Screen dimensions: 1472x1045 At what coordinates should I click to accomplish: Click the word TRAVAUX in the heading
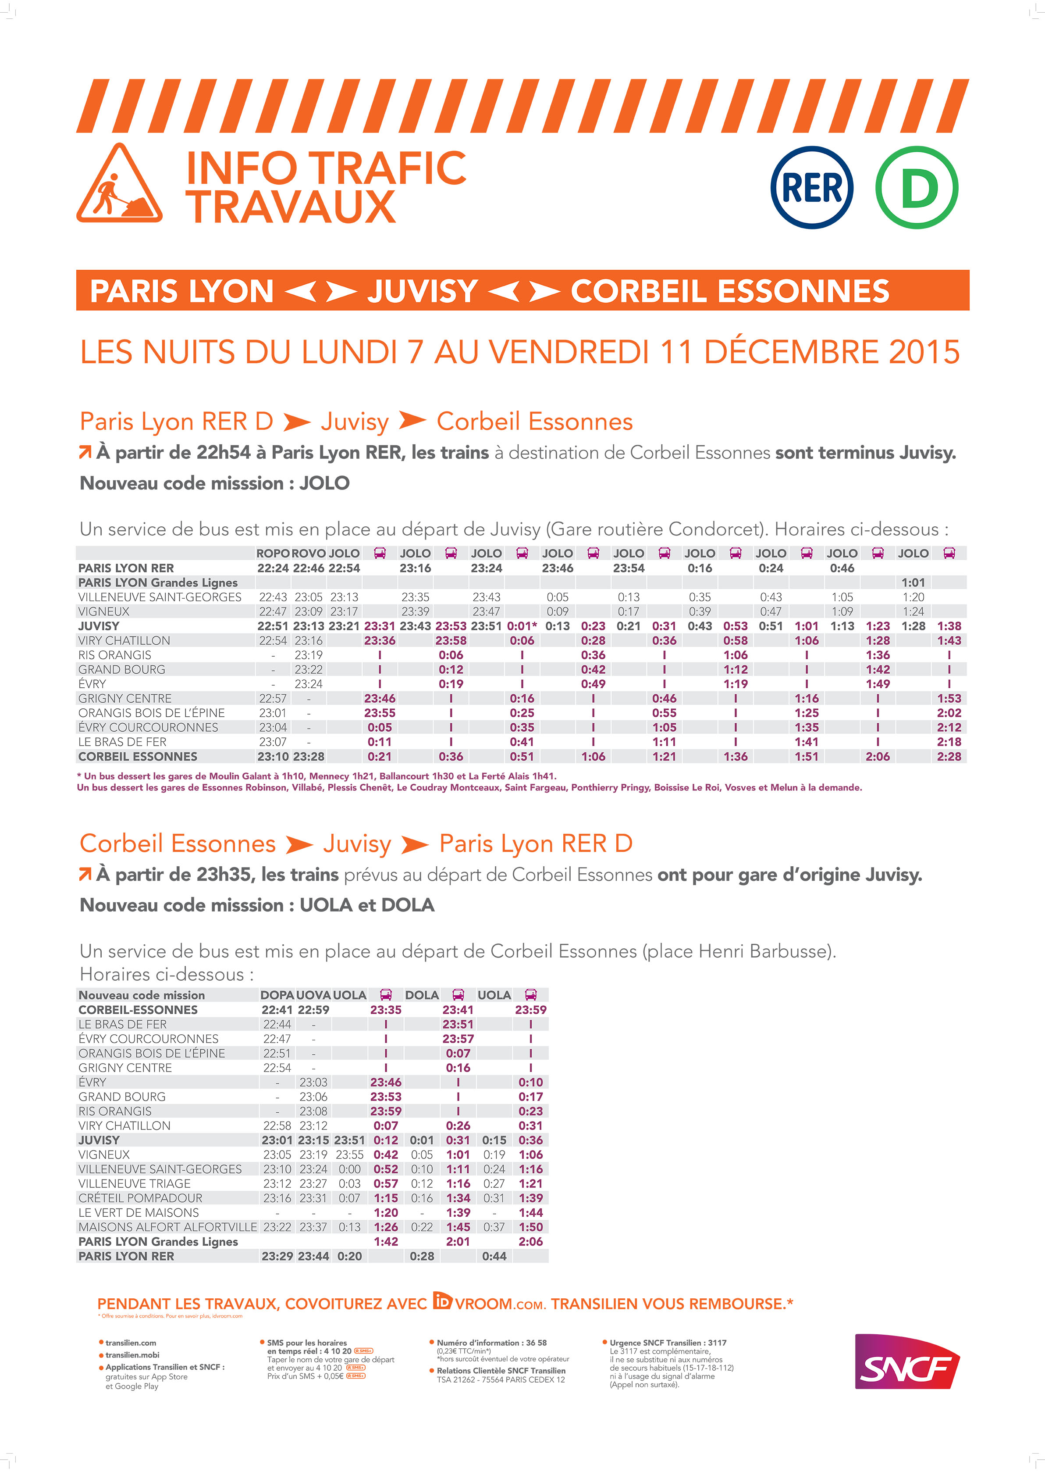[291, 207]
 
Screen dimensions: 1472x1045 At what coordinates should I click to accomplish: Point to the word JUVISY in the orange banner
[422, 291]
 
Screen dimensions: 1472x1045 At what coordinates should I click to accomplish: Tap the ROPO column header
[273, 553]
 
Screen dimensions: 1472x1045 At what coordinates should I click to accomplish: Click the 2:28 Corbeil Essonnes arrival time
[949, 757]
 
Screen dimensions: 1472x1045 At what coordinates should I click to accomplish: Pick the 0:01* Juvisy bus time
[522, 626]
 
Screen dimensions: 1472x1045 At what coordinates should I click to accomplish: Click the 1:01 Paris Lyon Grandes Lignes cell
[913, 583]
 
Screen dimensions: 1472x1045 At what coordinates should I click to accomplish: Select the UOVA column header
[313, 995]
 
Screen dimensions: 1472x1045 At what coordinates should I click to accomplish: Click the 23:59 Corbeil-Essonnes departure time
[530, 1010]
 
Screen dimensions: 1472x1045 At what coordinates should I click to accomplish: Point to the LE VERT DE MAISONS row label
[139, 1212]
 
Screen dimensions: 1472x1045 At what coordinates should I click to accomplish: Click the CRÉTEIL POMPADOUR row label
[140, 1198]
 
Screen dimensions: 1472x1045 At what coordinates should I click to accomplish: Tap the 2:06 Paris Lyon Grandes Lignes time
[530, 1241]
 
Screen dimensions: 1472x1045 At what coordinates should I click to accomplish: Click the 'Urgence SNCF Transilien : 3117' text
[668, 1343]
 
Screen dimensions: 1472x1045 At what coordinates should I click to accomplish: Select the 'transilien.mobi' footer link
[132, 1355]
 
